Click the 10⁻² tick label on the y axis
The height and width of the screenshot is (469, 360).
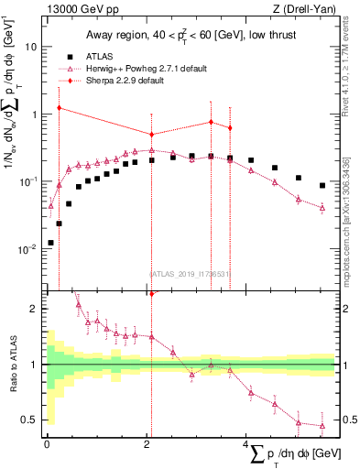point(29,249)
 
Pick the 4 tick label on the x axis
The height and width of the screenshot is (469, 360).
point(246,445)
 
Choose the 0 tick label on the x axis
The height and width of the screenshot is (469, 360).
point(47,445)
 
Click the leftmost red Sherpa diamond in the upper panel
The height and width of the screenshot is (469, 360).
point(59,108)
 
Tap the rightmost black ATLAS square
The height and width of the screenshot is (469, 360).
point(322,185)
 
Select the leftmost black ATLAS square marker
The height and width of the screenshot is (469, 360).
point(50,243)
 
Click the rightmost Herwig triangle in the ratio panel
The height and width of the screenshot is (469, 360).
point(322,425)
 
